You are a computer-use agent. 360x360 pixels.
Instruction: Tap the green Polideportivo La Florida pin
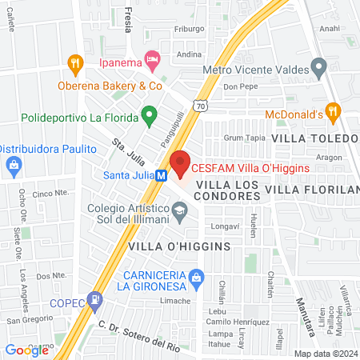pyautogui.click(x=148, y=117)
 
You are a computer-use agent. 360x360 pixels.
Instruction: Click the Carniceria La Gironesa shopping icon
pyautogui.click(x=202, y=281)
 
